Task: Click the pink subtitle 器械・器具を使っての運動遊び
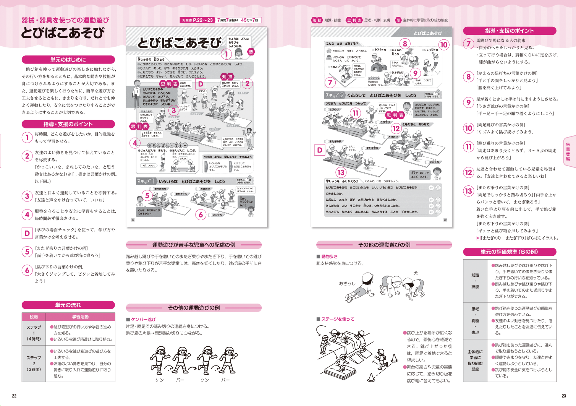(x=65, y=20)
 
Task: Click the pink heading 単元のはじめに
(x=68, y=60)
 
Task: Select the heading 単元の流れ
(x=68, y=305)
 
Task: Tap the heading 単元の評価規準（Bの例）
(x=509, y=252)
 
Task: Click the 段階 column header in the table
(x=34, y=317)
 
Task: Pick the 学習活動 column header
(x=80, y=317)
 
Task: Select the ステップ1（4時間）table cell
(x=34, y=333)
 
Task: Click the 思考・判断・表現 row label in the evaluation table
(x=475, y=320)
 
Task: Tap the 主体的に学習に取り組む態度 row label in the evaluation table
(x=475, y=360)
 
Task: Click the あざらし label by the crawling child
(x=347, y=283)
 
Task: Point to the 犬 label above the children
(x=416, y=273)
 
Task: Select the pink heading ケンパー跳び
(x=143, y=319)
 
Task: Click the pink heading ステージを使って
(x=338, y=319)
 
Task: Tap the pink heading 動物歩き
(x=329, y=257)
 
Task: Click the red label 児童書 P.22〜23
(x=197, y=20)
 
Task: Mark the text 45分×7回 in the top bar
(x=249, y=20)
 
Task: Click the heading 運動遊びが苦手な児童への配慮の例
(x=194, y=245)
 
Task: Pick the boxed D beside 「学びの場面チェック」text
(x=27, y=233)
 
